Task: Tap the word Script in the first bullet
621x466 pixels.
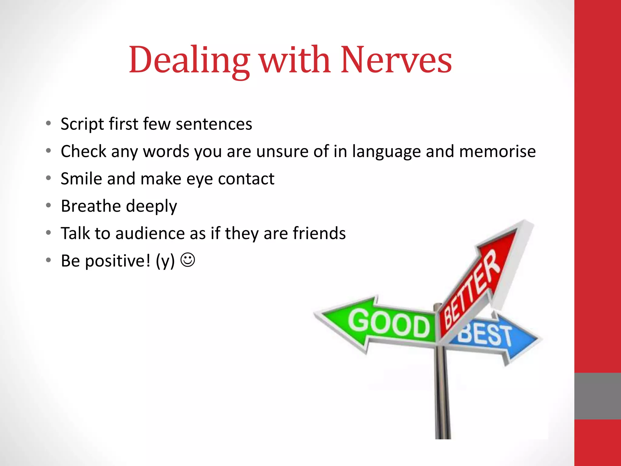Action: (82, 124)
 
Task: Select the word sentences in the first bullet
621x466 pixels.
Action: (214, 124)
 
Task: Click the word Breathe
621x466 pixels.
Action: (91, 206)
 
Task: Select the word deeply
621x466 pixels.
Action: (151, 207)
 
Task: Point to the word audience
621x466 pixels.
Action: (150, 233)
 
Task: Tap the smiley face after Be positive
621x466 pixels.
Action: (188, 260)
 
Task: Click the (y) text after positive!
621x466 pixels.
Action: (165, 261)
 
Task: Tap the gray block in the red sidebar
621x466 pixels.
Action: (597, 396)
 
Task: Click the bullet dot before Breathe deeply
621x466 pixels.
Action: (49, 205)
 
